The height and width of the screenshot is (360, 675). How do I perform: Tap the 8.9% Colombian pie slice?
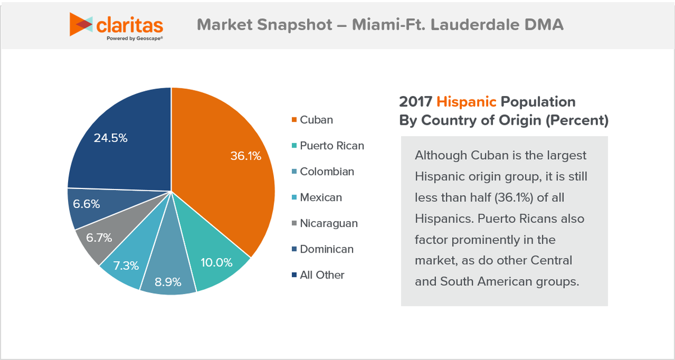(x=167, y=276)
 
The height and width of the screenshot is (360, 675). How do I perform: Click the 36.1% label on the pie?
(x=246, y=156)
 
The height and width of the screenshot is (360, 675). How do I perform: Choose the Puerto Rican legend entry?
(x=331, y=146)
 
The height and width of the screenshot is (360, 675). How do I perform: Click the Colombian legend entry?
(x=326, y=172)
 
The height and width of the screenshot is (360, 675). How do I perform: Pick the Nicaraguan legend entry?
(x=328, y=223)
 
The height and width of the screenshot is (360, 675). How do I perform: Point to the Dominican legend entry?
(x=326, y=249)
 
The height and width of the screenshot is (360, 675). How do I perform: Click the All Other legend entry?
(x=322, y=275)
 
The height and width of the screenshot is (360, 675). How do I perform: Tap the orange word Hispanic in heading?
(x=466, y=102)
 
